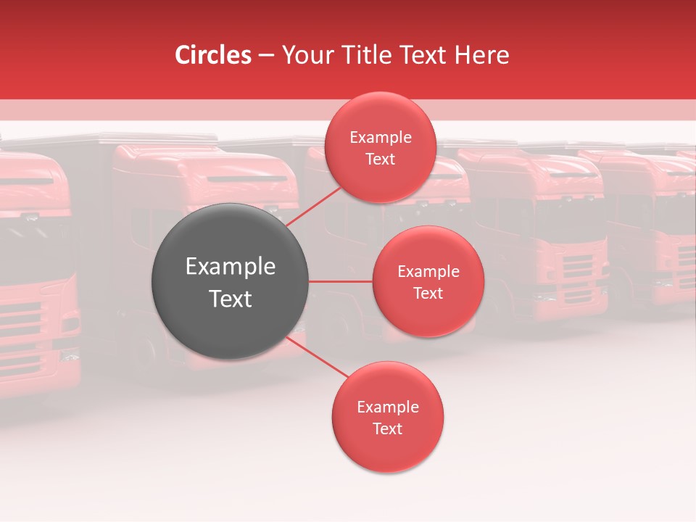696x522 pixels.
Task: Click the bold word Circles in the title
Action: click(213, 55)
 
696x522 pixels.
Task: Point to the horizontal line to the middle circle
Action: click(340, 281)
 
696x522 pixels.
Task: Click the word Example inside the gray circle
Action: click(230, 267)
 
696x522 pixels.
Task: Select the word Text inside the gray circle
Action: click(230, 299)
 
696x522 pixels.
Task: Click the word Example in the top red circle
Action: click(380, 138)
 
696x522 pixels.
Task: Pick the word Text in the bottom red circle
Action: click(387, 428)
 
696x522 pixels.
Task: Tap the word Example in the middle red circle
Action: click(428, 272)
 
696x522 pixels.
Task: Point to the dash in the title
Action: click(265, 56)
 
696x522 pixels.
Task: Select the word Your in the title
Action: click(304, 55)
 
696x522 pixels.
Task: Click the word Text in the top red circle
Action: click(380, 159)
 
